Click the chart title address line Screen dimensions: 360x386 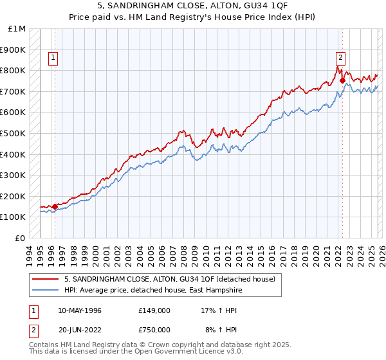193,6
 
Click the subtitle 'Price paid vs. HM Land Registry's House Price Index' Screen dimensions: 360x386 193,17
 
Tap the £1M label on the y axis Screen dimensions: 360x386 17,29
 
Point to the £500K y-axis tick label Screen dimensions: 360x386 14,134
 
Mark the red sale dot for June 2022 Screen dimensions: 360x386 342,81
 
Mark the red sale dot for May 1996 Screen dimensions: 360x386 55,206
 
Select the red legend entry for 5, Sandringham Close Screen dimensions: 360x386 169,279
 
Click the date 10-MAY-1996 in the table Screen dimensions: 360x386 80,310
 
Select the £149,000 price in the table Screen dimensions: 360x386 154,310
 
